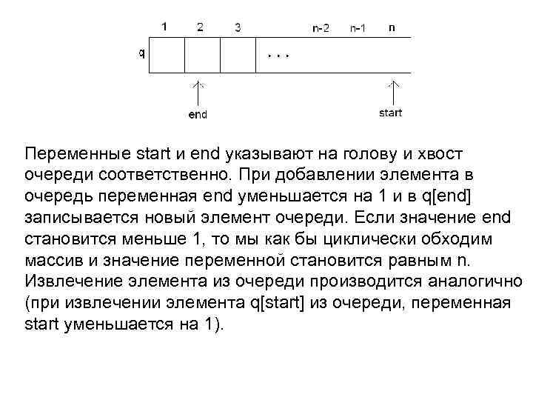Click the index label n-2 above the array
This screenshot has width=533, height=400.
coord(321,29)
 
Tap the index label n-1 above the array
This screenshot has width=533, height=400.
coord(357,29)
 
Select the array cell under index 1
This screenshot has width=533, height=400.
coord(167,55)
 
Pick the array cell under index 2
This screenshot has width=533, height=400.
coord(202,55)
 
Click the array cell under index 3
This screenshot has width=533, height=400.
coord(238,55)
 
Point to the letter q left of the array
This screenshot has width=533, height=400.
coord(141,53)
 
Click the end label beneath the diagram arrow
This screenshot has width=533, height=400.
coord(198,115)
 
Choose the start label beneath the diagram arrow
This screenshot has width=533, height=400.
coord(390,113)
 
